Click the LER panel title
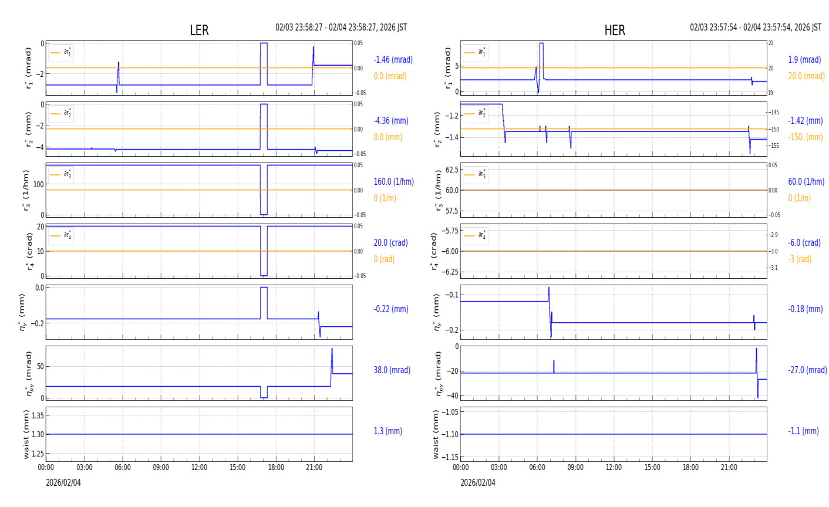(x=199, y=31)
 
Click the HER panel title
(x=614, y=31)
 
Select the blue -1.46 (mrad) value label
(x=393, y=60)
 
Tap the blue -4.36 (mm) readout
(x=390, y=121)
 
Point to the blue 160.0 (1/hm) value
(x=393, y=182)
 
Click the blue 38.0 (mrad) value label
(x=392, y=370)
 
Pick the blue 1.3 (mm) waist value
(x=387, y=431)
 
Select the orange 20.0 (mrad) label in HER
(x=806, y=76)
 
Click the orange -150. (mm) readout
(x=805, y=137)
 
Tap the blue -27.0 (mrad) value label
(x=807, y=370)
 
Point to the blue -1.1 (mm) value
(x=803, y=431)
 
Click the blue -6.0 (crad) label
(x=804, y=243)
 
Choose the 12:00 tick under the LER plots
(x=199, y=468)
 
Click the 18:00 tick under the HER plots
(x=690, y=468)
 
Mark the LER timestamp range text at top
(x=341, y=28)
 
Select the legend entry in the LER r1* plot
(x=62, y=53)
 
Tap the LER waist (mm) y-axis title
(x=26, y=434)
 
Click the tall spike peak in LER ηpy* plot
(x=332, y=349)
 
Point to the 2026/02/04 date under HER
(x=477, y=483)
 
